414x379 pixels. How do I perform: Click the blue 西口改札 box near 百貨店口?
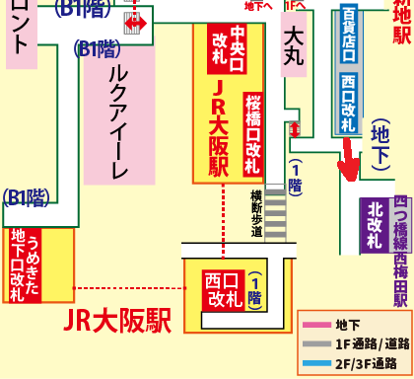tap(348, 104)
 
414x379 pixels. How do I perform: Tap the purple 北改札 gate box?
tap(375, 224)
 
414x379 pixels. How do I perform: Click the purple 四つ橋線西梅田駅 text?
tap(401, 251)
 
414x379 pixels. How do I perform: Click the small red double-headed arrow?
tap(132, 21)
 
